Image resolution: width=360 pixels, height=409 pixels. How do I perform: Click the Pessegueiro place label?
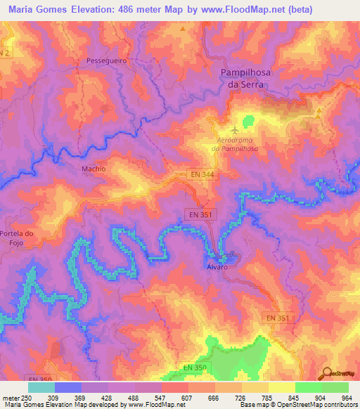105,61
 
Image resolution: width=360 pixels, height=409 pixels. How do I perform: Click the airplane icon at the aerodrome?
235,129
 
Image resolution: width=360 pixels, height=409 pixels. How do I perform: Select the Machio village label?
93,169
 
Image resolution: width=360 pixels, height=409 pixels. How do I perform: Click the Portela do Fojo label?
18,238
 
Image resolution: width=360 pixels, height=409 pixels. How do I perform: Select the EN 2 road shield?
6,53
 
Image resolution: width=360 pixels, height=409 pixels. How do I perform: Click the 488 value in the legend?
134,397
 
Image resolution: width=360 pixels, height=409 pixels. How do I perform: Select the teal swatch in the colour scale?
41,387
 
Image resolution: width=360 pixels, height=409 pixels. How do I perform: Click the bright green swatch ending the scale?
335,387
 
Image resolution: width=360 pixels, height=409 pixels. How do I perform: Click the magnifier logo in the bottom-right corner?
326,373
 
